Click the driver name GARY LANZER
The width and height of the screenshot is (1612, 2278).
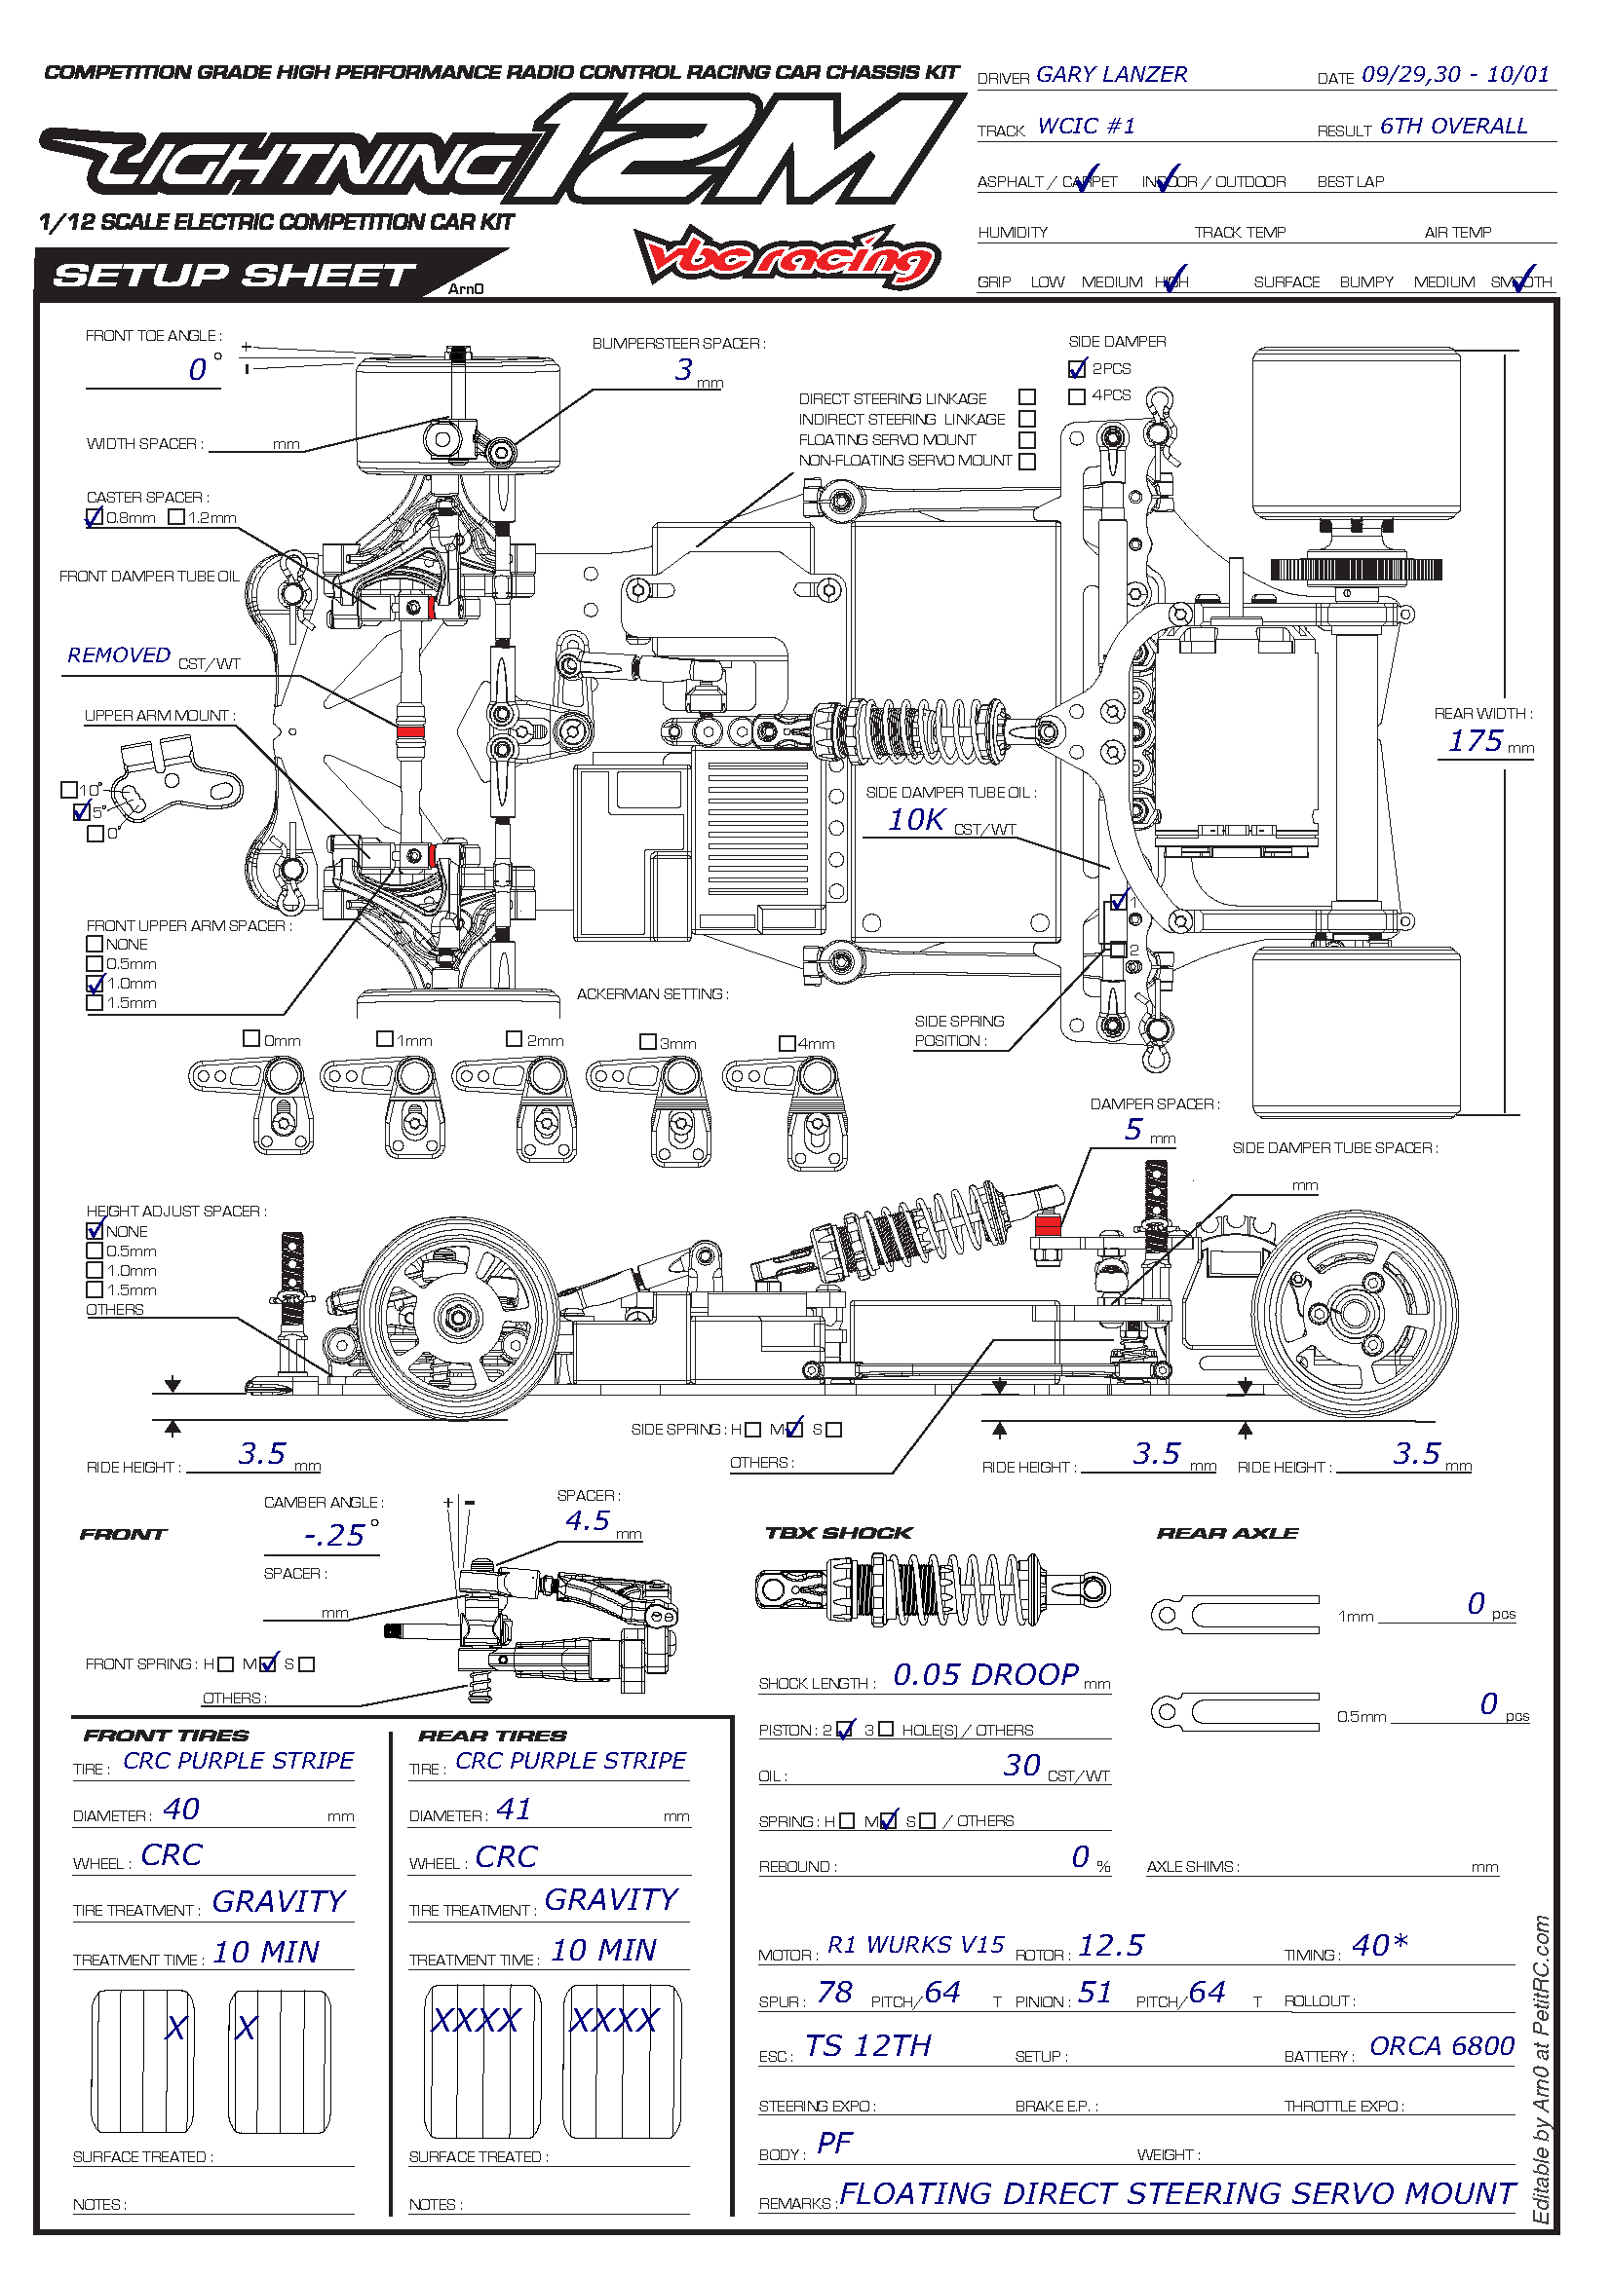pos(1111,74)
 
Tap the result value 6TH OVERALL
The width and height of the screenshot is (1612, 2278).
pos(1453,126)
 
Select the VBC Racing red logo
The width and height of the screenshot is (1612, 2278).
pos(787,257)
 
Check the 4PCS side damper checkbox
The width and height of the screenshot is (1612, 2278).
pos(1077,396)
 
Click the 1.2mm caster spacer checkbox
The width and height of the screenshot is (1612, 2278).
pos(176,517)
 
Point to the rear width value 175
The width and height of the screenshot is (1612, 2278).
pos(1475,741)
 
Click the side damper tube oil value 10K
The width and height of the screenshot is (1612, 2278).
pos(916,820)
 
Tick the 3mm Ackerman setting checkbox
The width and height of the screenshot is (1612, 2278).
pos(648,1042)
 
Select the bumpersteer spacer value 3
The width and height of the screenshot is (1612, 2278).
pos(684,370)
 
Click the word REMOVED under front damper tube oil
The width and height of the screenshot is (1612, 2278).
pos(119,655)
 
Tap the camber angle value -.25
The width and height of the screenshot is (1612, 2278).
pos(335,1536)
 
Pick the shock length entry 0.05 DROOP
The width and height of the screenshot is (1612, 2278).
pos(985,1676)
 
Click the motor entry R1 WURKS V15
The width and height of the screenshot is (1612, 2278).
pos(916,1946)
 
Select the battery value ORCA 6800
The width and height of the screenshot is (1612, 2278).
pos(1441,2047)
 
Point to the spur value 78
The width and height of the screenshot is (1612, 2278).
pos(835,1993)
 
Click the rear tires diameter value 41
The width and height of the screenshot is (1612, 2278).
pos(514,1810)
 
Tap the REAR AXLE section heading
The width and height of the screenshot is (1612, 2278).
pos(1227,1534)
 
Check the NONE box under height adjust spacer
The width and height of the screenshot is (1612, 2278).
pos(96,1231)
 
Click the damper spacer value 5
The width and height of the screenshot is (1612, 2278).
pos(1133,1130)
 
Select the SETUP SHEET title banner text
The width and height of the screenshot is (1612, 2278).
pos(234,275)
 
